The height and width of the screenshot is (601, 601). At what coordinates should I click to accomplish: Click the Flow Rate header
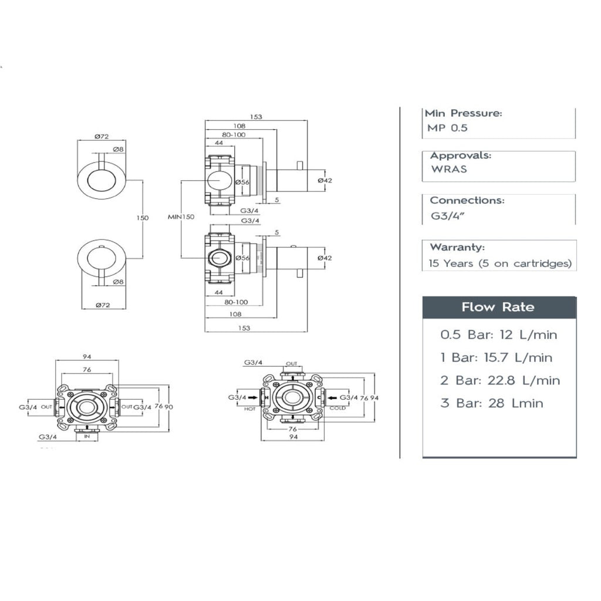pyautogui.click(x=498, y=307)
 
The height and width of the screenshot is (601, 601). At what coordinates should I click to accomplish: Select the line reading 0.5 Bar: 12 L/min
pyautogui.click(x=498, y=335)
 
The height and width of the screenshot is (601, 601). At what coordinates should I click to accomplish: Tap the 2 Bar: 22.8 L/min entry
pyautogui.click(x=500, y=380)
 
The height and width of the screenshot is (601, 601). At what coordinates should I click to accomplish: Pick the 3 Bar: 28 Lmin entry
pyautogui.click(x=491, y=403)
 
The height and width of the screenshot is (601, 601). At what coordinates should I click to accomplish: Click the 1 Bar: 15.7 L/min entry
pyautogui.click(x=497, y=357)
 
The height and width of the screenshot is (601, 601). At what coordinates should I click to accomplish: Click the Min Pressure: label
pyautogui.click(x=463, y=113)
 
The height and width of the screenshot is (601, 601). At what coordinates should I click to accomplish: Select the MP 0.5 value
pyautogui.click(x=447, y=127)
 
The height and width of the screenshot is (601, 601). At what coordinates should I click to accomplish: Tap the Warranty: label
pyautogui.click(x=457, y=247)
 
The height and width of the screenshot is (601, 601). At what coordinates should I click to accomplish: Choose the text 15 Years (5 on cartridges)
pyautogui.click(x=500, y=264)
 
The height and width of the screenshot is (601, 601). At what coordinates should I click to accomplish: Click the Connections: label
pyautogui.click(x=467, y=200)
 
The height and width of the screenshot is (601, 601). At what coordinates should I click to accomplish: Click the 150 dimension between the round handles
pyautogui.click(x=143, y=218)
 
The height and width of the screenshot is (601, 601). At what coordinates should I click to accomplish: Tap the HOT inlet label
pyautogui.click(x=250, y=408)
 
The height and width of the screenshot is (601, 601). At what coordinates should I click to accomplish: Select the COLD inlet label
pyautogui.click(x=337, y=408)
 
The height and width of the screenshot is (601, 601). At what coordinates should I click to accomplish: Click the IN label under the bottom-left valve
pyautogui.click(x=87, y=437)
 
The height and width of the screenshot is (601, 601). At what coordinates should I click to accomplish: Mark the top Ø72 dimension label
pyautogui.click(x=102, y=136)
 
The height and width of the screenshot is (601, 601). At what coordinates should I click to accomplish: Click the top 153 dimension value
pyautogui.click(x=256, y=117)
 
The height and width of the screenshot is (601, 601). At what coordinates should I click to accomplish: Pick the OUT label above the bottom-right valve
pyautogui.click(x=292, y=364)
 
